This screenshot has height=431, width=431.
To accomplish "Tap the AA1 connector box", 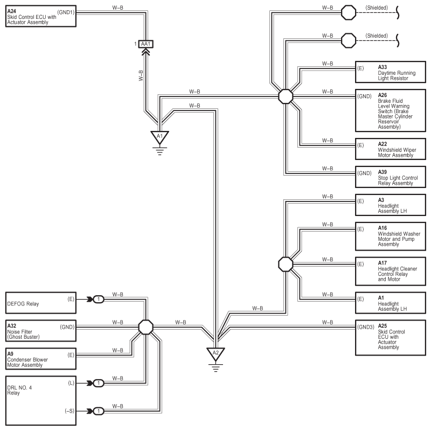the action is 145,44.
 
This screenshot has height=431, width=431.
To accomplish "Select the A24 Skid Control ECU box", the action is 41,17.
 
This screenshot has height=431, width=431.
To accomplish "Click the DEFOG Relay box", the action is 41,303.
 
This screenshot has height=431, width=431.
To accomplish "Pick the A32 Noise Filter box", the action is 41,331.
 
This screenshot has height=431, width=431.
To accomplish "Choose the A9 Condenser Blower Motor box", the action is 41,359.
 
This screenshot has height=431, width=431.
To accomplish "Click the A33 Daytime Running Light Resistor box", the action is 391,72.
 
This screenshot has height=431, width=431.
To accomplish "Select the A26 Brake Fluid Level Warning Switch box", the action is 391,110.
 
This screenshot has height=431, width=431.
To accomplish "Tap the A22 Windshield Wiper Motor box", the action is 391,149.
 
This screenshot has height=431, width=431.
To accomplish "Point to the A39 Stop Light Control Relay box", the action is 391,177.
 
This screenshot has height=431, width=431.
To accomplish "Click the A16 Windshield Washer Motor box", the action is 391,237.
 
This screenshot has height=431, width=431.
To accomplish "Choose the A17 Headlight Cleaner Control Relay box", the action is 391,272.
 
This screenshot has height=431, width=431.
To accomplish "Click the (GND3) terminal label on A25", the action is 366,327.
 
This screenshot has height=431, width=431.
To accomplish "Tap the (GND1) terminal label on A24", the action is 66,12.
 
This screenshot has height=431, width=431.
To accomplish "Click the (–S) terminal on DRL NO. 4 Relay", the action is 69,411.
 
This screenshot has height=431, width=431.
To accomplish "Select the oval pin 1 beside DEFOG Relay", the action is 99,300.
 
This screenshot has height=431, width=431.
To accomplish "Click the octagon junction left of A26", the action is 286,96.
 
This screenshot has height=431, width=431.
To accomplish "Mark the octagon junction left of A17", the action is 286,265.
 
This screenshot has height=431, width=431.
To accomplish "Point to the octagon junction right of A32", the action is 145,327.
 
